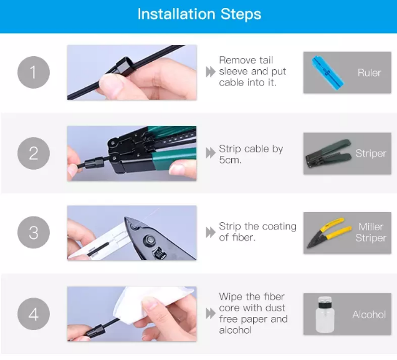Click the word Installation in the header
176,14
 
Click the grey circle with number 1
34,72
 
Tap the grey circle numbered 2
34,153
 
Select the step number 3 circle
34,233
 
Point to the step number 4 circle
34,314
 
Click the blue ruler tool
328,73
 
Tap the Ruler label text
369,73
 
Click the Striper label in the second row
371,153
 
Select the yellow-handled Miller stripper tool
328,233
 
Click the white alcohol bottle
325,314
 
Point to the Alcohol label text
369,314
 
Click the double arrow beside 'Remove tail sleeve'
211,72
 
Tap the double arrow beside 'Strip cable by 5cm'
211,153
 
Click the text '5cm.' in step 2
230,160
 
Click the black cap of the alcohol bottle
325,299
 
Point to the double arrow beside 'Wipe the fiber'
211,313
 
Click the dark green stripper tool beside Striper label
328,153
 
